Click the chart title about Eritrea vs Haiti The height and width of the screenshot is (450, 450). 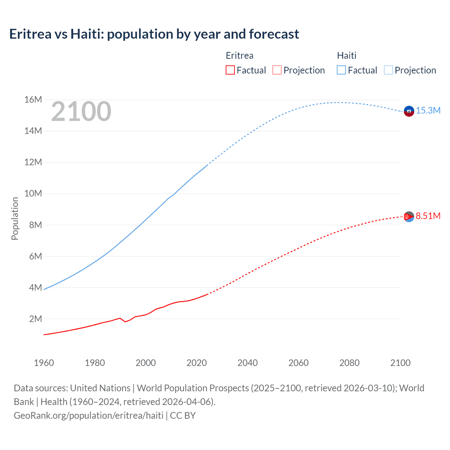[154, 34]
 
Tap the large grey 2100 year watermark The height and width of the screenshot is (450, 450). [81, 111]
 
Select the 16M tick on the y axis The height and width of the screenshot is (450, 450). [33, 100]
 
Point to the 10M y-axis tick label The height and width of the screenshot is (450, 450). [33, 194]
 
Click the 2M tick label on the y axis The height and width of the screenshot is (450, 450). [35, 319]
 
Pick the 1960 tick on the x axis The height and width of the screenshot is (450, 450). [44, 363]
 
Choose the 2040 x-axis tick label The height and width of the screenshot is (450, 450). [247, 363]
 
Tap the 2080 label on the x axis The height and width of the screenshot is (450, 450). [349, 363]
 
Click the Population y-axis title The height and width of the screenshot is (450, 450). [15, 218]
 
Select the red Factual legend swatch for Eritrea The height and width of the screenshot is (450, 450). [230, 70]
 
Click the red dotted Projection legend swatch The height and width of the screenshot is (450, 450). [277, 70]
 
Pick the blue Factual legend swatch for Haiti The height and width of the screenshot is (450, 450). [341, 70]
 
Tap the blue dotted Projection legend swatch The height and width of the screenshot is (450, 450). [388, 70]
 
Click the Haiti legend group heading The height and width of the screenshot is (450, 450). [347, 56]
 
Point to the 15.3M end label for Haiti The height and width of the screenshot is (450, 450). [428, 110]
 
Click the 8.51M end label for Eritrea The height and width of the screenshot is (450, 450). [428, 216]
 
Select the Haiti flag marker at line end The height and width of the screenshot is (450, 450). [409, 111]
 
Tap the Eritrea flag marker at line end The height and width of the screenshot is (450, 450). [409, 217]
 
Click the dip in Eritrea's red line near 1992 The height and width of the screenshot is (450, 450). [125, 321]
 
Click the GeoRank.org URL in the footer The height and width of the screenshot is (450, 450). [89, 416]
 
